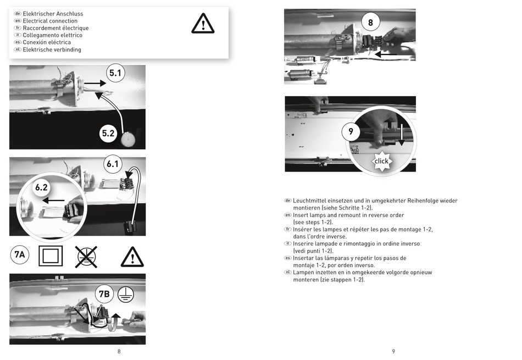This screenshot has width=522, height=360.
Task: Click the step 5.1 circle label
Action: (x=115, y=73)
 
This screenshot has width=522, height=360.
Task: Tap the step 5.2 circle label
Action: (x=108, y=134)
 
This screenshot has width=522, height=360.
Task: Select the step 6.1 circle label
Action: (x=113, y=164)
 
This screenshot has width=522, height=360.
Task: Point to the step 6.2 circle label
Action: (x=42, y=187)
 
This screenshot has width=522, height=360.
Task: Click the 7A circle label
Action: (x=20, y=255)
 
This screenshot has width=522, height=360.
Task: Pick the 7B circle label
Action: (x=104, y=293)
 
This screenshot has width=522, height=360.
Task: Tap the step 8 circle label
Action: (x=370, y=23)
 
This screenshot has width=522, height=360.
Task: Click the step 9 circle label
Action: (x=351, y=131)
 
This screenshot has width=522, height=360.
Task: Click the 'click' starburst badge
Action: (x=381, y=161)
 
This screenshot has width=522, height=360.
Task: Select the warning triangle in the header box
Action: (x=203, y=24)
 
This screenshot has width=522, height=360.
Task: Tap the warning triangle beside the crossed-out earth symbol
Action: (x=132, y=257)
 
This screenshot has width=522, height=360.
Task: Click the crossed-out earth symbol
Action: (x=86, y=257)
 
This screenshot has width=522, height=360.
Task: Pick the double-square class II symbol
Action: (x=51, y=256)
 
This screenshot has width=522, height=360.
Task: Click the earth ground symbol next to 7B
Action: (x=126, y=295)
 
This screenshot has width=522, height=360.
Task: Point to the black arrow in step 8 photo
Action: (x=386, y=54)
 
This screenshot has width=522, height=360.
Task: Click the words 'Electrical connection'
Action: (x=50, y=21)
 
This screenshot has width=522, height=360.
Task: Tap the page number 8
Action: (x=119, y=351)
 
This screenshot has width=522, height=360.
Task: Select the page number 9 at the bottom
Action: (x=393, y=351)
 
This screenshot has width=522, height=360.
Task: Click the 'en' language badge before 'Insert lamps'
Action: (x=287, y=215)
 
